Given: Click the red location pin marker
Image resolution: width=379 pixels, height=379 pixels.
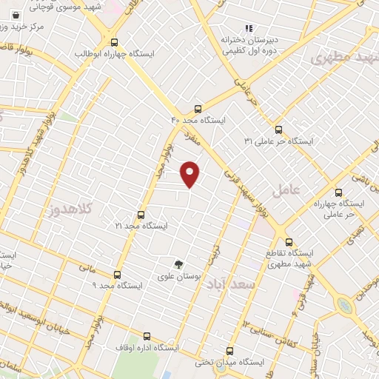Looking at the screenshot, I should [190, 172].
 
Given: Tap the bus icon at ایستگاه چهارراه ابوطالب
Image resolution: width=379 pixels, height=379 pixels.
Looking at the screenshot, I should [114, 42].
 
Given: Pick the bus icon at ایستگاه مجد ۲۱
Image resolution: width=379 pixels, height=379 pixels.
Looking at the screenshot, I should [141, 214].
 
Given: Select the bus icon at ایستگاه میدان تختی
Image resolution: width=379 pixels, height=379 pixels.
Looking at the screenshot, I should [229, 351].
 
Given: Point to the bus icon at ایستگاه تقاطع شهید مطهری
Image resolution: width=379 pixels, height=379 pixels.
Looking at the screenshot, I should [289, 241].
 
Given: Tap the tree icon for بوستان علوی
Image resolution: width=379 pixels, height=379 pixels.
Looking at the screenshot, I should [178, 264].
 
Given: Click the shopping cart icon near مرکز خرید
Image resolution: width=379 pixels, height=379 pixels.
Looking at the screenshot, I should [16, 14].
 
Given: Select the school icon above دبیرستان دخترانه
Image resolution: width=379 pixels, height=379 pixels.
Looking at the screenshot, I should [249, 28].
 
